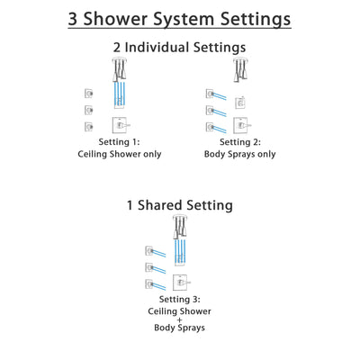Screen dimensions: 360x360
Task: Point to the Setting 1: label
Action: [x=120, y=141]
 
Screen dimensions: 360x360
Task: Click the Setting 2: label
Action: [x=240, y=141]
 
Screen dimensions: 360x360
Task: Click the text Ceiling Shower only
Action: [x=120, y=154]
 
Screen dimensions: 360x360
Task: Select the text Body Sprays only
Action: [x=240, y=154]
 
